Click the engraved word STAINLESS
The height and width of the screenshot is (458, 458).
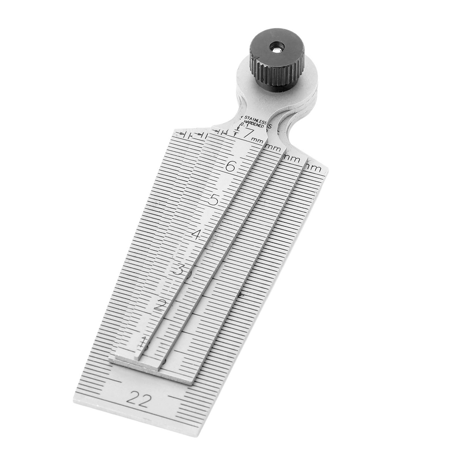(x=258, y=118)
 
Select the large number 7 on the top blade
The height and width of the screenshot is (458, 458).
(x=249, y=134)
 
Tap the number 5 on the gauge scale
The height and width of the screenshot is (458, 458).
(x=213, y=200)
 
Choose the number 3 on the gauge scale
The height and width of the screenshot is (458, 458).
(x=178, y=269)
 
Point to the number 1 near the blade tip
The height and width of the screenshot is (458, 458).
(x=145, y=341)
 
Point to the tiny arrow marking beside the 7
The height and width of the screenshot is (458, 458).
(x=237, y=132)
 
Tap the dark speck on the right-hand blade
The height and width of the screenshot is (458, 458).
(x=241, y=295)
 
